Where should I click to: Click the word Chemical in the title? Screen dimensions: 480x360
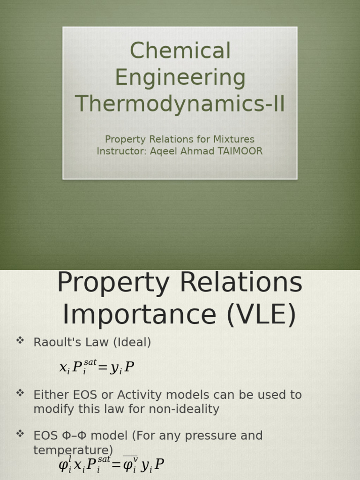180,51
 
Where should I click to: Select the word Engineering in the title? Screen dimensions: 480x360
180,78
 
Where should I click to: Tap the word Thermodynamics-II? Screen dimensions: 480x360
180,104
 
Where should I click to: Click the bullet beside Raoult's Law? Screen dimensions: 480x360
20,341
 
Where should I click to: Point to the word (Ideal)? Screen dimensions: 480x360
132,343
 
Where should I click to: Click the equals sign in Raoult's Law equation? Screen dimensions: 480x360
103,368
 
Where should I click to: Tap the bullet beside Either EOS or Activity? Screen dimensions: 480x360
20,393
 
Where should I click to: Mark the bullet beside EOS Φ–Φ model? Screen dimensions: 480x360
20,434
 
